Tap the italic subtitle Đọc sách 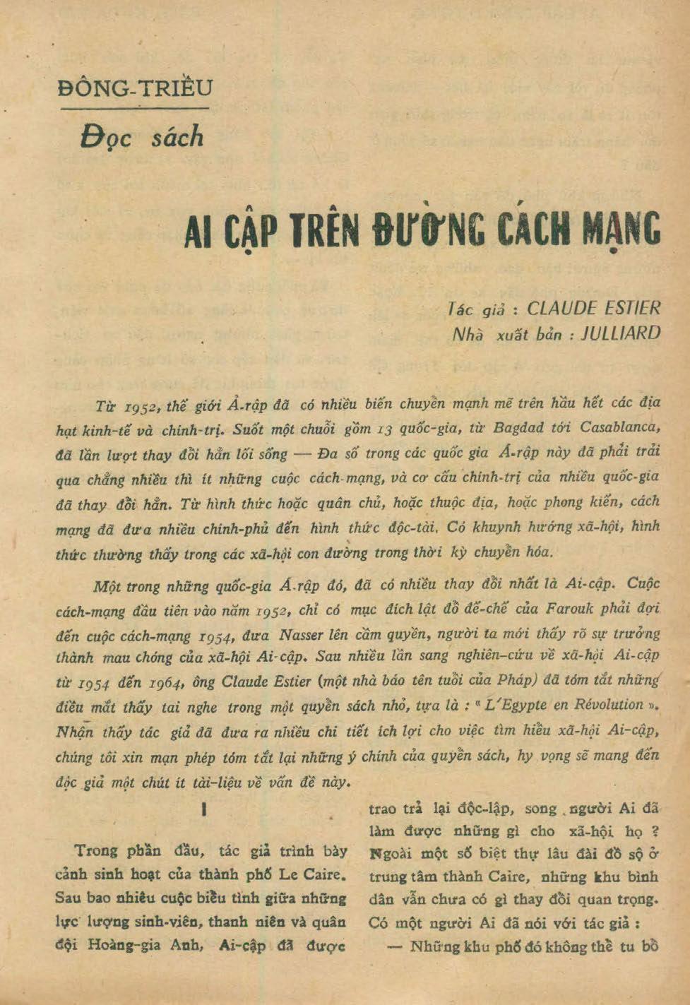(x=142, y=136)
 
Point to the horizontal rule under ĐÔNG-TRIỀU (x=134, y=109)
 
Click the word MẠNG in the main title (x=621, y=230)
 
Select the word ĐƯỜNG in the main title (x=428, y=230)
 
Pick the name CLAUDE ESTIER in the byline (x=594, y=308)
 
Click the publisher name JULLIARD (x=620, y=333)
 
